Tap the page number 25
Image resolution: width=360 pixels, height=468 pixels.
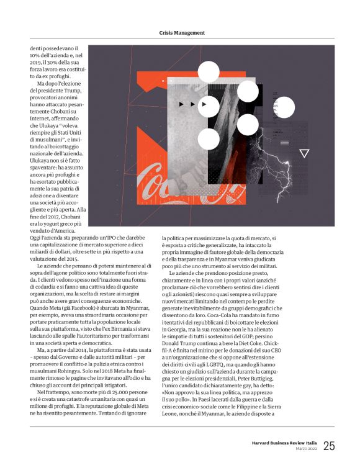tap(329, 446)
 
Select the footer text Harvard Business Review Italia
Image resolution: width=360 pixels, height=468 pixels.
tap(286, 443)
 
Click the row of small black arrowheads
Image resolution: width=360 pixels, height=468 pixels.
tap(189, 104)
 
